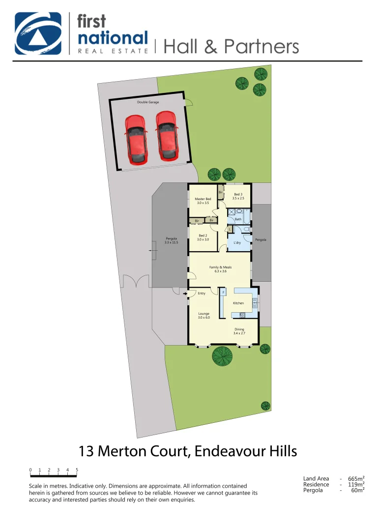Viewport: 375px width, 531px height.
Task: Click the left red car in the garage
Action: click(136, 139)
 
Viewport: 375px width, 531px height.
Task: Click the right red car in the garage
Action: click(167, 135)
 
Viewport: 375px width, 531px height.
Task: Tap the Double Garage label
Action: click(148, 102)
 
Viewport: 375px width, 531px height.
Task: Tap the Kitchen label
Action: click(238, 303)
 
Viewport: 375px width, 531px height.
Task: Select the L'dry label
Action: click(236, 243)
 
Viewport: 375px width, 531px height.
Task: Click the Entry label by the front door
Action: click(202, 294)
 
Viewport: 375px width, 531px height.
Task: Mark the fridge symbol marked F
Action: click(224, 293)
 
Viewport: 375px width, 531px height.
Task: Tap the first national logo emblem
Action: click(38, 33)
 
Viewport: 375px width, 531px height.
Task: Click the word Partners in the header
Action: click(261, 46)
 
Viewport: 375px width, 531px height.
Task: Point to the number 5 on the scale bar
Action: click(77, 470)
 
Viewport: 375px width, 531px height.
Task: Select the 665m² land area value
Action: click(356, 478)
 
